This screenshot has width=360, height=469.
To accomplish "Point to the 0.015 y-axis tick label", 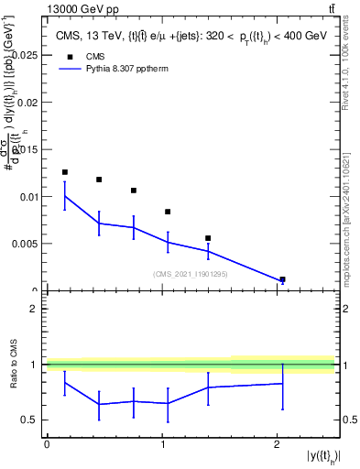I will pyautogui.click(x=25, y=150).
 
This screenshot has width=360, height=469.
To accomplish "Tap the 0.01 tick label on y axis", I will pyautogui.click(x=27, y=197).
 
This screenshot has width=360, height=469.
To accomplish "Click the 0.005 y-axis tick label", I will pyautogui.click(x=25, y=244).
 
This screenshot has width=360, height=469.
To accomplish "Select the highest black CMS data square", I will pyautogui.click(x=64, y=172).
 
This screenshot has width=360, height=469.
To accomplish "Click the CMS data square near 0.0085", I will pyautogui.click(x=168, y=212).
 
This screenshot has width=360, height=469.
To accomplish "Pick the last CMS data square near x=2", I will pyautogui.click(x=282, y=279).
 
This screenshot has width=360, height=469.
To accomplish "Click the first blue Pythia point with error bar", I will pyautogui.click(x=64, y=195).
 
